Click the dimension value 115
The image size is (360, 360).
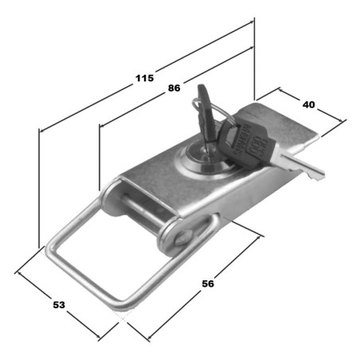[145, 78]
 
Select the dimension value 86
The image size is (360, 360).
[174, 88]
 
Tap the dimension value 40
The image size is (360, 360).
[308, 104]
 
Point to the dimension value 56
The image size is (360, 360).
[208, 284]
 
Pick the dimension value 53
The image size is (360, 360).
[59, 305]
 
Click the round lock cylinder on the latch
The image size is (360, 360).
[205, 162]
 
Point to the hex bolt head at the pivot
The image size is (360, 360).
[183, 237]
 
